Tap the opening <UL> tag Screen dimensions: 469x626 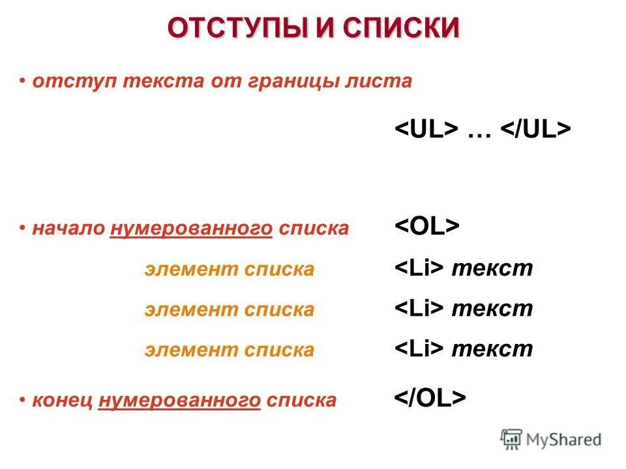pos(425,128)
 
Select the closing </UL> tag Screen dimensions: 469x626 pos(535,128)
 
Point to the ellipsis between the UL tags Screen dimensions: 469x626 pos(479,130)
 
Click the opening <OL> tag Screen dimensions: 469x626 pos(427,227)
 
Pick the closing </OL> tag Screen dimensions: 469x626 pos(430,398)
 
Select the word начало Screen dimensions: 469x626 pos(69,229)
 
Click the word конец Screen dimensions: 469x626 pos(63,400)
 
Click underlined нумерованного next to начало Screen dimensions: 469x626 pos(191,229)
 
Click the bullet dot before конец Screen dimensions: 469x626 pos(23,399)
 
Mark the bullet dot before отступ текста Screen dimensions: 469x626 pos(23,81)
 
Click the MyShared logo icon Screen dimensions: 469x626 pos(512,438)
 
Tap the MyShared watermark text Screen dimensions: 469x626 pos(563,440)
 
